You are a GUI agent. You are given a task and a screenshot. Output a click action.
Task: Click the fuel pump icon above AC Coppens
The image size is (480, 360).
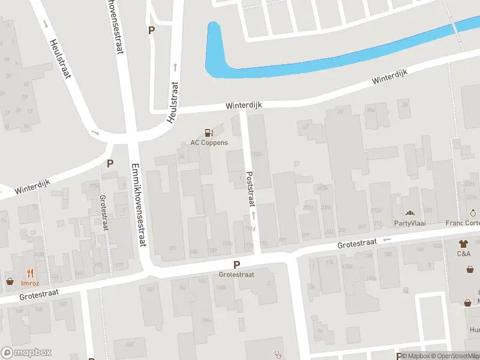point(209,133)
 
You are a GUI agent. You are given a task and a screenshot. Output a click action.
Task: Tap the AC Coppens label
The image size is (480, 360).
point(209,143)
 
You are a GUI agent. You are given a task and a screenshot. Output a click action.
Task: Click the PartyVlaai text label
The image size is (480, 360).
point(410,223)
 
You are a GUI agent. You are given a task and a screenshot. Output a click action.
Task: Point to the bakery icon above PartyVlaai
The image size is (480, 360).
point(410,213)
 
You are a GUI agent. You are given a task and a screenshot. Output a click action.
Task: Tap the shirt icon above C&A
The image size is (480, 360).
point(463,244)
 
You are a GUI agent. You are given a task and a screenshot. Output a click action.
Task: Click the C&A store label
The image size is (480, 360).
point(463,254)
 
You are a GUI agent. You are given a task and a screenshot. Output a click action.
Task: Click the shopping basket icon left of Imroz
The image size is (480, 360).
point(10,281)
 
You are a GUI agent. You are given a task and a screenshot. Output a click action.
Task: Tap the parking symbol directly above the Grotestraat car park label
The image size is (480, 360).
point(236,265)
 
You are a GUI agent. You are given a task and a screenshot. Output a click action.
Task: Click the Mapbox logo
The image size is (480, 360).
point(26,353)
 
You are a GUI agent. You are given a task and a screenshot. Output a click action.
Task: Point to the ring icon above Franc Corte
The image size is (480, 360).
point(473,213)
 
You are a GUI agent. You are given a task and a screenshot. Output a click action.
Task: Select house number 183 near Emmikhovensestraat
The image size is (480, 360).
point(173,248)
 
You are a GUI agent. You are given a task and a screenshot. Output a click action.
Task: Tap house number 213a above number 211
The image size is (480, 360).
point(376,210)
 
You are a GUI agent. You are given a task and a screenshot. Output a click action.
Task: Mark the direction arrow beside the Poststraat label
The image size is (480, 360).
point(254,214)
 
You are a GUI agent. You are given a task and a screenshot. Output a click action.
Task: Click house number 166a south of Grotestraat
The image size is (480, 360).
point(207,320)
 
